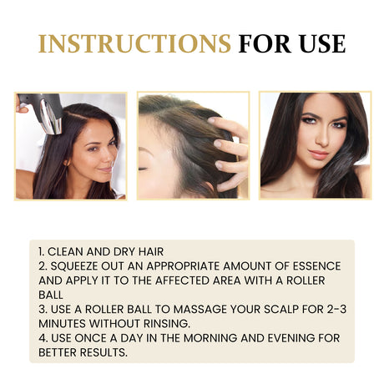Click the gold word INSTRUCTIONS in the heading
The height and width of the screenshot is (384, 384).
click(x=134, y=43)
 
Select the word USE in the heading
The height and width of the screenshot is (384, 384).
click(x=322, y=43)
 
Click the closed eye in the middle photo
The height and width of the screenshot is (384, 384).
click(x=144, y=168)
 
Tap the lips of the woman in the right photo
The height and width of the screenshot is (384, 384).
click(x=319, y=154)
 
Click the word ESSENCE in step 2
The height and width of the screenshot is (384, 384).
click(x=316, y=266)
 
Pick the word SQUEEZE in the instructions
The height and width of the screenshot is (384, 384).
click(x=74, y=266)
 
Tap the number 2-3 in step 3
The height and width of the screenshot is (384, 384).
click(x=336, y=309)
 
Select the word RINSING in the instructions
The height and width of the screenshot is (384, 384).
click(x=167, y=324)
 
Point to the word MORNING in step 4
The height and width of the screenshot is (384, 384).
click(x=210, y=338)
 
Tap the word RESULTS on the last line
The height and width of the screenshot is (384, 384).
click(x=104, y=352)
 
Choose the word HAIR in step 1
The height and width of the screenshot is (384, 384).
click(x=151, y=251)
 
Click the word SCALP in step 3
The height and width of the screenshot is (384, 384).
click(x=281, y=309)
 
